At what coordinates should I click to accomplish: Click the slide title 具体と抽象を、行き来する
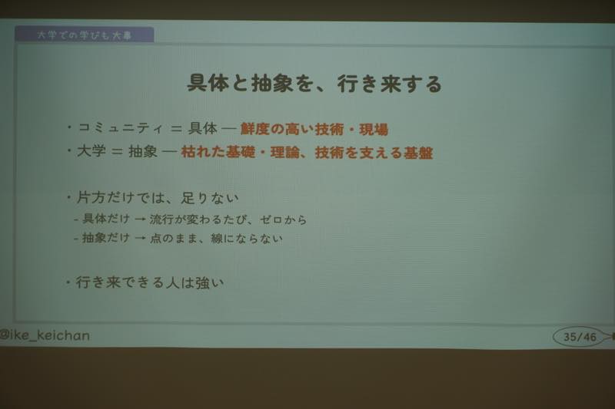314,84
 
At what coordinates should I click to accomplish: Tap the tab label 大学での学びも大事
85,35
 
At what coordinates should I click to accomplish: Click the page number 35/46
580,337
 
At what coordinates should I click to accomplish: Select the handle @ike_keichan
45,335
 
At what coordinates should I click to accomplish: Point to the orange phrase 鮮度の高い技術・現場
314,129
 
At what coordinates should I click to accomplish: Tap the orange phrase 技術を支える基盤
374,152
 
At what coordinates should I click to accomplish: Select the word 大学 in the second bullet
91,151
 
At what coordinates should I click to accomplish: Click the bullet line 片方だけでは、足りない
158,198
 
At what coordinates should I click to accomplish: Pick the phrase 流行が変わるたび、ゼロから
228,219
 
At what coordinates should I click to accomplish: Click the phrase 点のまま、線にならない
216,238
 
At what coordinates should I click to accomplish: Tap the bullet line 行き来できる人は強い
149,282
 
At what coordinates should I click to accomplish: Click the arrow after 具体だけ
140,220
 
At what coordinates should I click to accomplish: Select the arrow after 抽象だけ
140,239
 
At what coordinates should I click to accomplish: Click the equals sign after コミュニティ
176,129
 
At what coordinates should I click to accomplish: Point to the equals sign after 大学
117,151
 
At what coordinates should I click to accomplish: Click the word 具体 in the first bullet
202,128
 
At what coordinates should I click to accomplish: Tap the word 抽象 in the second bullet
143,151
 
